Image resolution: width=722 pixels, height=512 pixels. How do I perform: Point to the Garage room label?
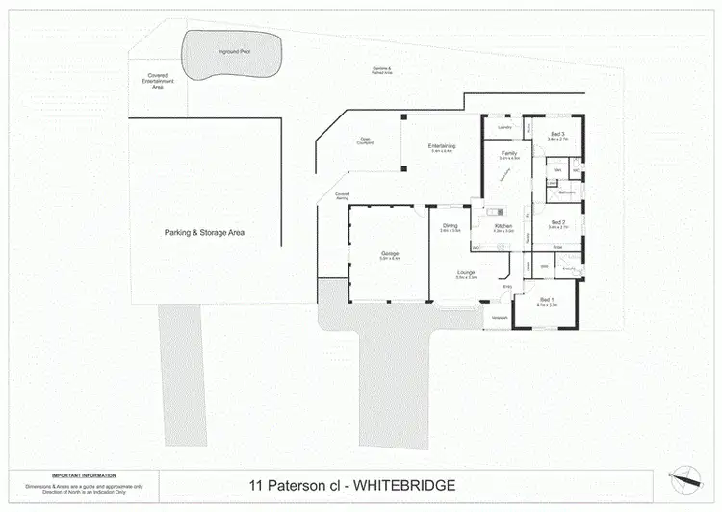coord(390,253)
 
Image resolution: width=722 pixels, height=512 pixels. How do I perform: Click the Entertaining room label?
coord(443,146)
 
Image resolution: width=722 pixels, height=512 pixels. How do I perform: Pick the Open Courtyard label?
coord(366,140)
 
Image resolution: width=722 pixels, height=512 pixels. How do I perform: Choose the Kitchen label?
coord(503,226)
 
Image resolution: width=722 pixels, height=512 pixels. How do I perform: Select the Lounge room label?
coord(466,273)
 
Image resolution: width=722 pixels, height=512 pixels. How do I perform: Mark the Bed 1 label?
coord(546,301)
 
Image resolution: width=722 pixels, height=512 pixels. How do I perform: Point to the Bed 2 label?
coord(559,223)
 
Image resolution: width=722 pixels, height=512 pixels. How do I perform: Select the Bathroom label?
coord(567,192)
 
